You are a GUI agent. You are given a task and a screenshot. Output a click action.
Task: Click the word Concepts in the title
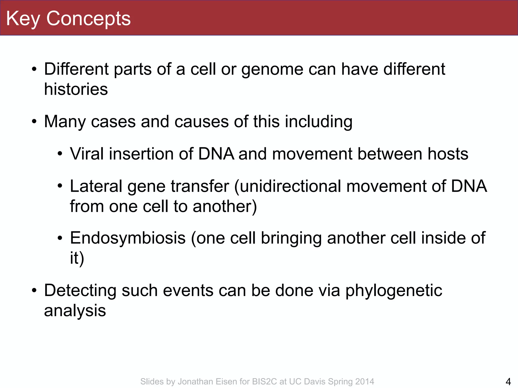[x=89, y=19]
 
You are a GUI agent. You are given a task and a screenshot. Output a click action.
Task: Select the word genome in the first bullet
[x=272, y=69]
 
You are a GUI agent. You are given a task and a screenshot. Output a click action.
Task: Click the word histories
[x=76, y=89]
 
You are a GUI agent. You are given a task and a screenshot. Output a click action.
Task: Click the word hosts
[x=448, y=154]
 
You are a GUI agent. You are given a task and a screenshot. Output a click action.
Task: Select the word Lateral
[x=96, y=186]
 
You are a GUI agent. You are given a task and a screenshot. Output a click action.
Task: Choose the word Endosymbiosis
[x=128, y=238]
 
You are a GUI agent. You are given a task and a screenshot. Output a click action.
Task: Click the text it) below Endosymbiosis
[x=77, y=258]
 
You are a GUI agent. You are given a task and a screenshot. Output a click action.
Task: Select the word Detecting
[x=80, y=290]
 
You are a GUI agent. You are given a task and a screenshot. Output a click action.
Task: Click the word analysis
[x=75, y=311]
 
